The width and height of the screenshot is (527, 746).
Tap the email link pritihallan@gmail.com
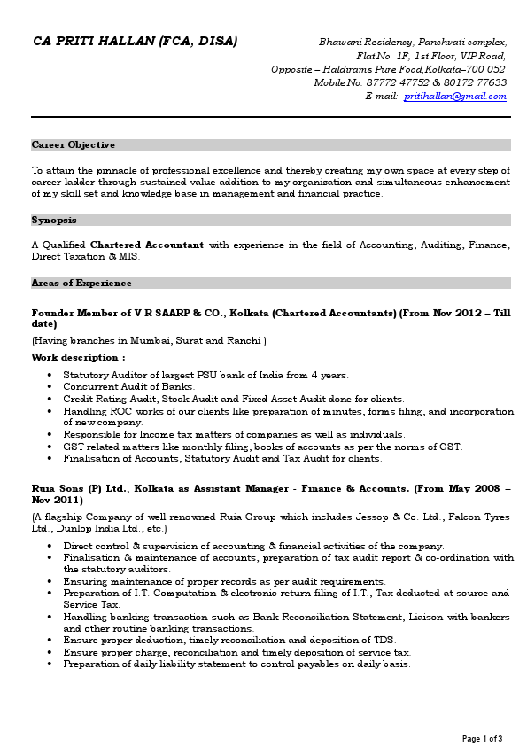click(x=454, y=96)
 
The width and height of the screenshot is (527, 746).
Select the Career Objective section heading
click(x=74, y=144)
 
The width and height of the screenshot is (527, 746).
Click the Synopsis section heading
click(x=54, y=220)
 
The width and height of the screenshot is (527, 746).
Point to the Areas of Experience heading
click(x=81, y=284)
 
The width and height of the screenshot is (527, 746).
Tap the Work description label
click(x=78, y=357)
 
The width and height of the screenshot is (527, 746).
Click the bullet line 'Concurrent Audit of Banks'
click(x=129, y=387)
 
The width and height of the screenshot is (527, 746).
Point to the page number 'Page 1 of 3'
click(x=483, y=738)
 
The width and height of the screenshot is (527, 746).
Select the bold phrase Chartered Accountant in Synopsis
click(x=147, y=245)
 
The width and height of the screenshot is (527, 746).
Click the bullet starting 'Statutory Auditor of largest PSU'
click(x=205, y=376)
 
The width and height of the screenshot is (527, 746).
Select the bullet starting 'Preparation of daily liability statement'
click(x=236, y=664)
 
